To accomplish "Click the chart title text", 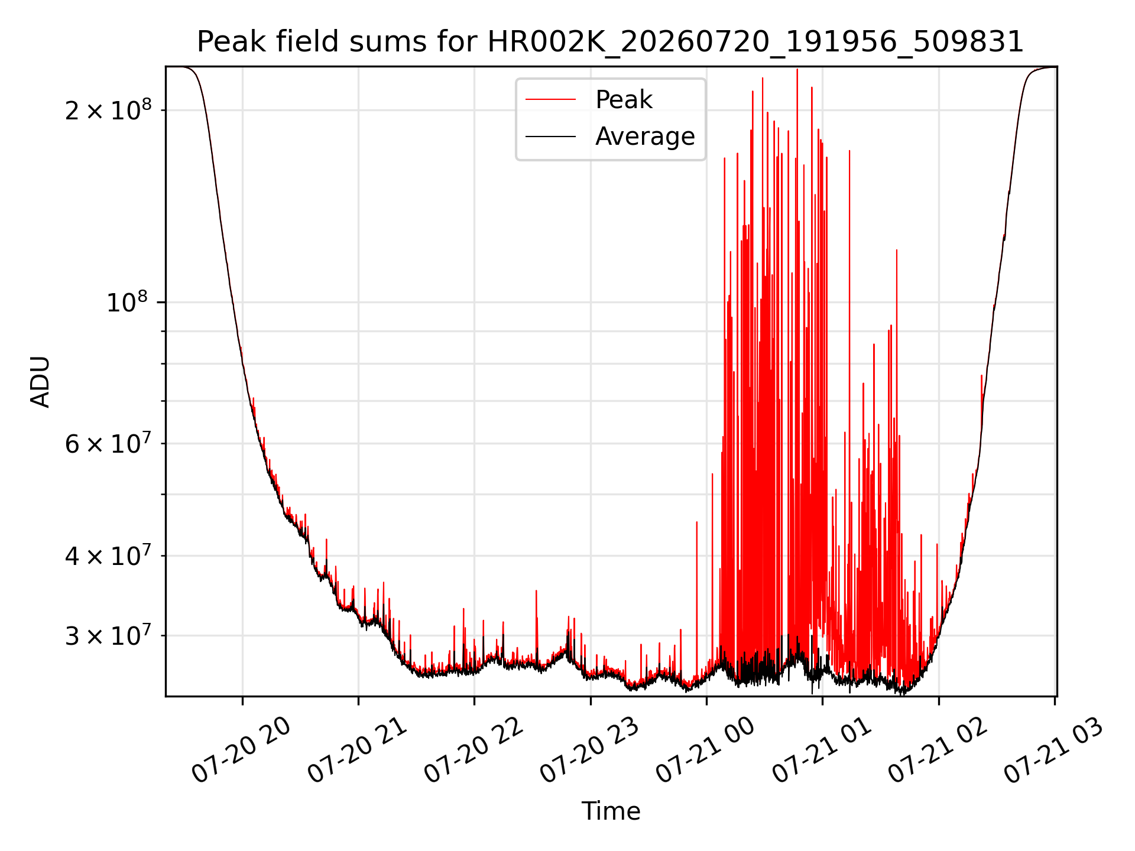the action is [x=610, y=42].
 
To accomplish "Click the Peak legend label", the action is [x=624, y=100].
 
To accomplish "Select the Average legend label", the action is [x=645, y=137].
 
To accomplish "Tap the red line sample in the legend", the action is [x=550, y=100].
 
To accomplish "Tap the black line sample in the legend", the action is [x=550, y=137].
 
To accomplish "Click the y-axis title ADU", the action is [x=40, y=382].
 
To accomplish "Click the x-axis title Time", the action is [x=611, y=811].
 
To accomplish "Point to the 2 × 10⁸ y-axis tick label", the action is [x=108, y=109].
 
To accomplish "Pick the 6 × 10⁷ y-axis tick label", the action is [x=108, y=443].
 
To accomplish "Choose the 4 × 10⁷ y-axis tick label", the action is [x=108, y=555].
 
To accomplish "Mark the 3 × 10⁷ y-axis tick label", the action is [x=108, y=635].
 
